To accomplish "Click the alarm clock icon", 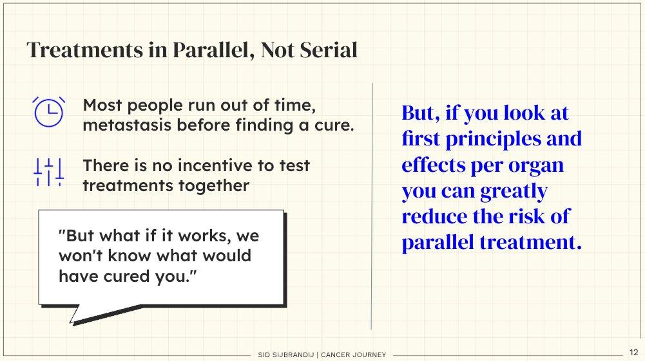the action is click(48, 112).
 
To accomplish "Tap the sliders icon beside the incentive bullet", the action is click(48, 172).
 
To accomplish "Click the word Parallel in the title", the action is click(210, 50).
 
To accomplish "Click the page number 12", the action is click(633, 353).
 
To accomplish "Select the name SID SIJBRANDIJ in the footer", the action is click(286, 355).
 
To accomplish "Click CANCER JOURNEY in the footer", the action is click(353, 355).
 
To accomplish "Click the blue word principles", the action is click(493, 140).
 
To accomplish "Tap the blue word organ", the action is click(536, 166).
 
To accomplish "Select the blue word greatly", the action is click(514, 192).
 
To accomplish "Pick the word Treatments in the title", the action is click(85, 50).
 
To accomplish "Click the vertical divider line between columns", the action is click(372, 206).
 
